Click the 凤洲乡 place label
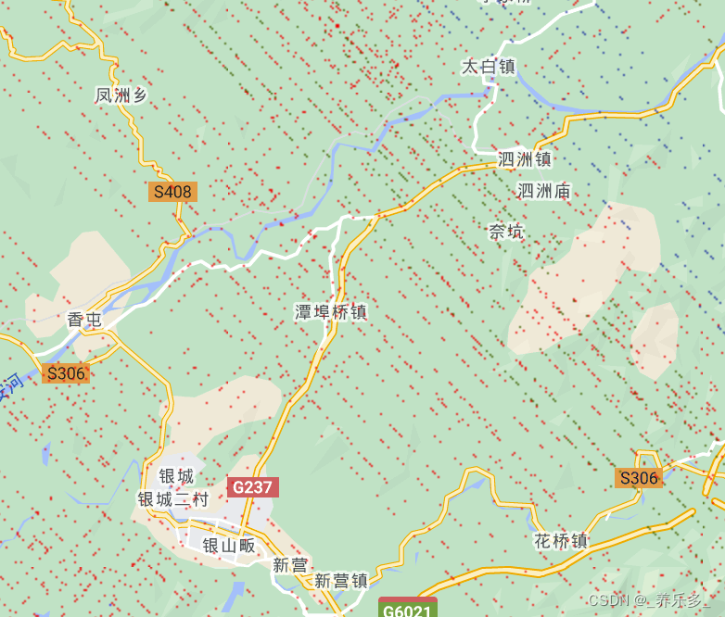[121, 94]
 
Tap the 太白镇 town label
[488, 67]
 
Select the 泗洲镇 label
[525, 159]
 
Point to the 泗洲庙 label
[543, 191]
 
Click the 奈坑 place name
[506, 232]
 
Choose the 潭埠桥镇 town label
[331, 312]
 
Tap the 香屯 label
[84, 320]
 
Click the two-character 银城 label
[176, 476]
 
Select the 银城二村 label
[173, 498]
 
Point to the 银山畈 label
[228, 546]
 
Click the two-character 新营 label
[290, 564]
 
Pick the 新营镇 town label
[341, 581]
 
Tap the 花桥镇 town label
[561, 540]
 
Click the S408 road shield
[172, 192]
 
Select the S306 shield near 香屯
[66, 373]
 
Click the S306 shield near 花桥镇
[639, 478]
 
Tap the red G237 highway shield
[252, 487]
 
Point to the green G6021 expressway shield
[407, 610]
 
